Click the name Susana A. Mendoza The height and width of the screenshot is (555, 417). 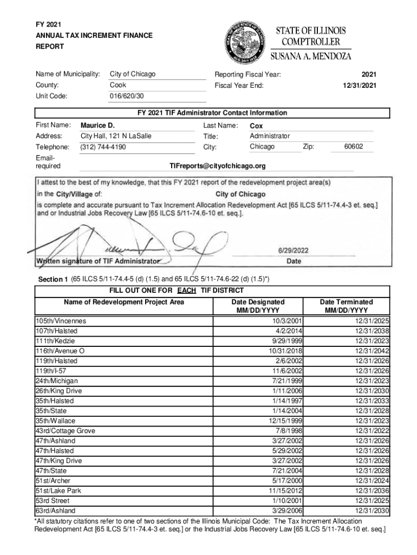[311, 56]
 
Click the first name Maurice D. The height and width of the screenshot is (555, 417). [97, 125]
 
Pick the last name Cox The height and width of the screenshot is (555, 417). [256, 126]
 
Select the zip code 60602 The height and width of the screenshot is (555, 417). [354, 147]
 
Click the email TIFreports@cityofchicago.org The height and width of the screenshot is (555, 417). [218, 166]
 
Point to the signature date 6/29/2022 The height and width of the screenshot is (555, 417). [294, 250]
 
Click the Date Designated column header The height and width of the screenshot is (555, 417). [257, 306]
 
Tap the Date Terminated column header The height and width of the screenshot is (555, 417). [346, 306]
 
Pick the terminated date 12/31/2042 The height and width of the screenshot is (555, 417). [372, 351]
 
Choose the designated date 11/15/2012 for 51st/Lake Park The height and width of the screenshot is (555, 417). [285, 491]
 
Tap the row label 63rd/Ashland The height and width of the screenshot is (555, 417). [55, 511]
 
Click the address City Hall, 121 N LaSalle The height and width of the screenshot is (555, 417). [116, 136]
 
